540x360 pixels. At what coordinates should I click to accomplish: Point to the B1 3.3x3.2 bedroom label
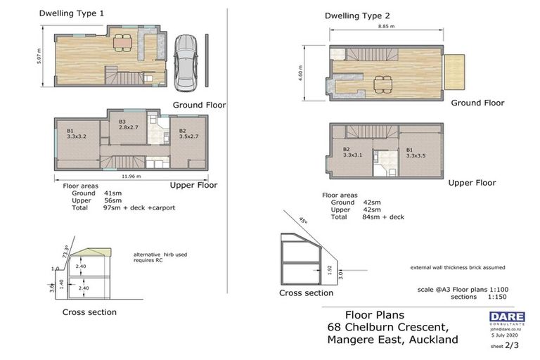tap(76, 134)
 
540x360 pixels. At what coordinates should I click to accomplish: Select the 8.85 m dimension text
tap(386, 26)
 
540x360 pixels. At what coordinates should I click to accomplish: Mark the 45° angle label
tap(303, 219)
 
